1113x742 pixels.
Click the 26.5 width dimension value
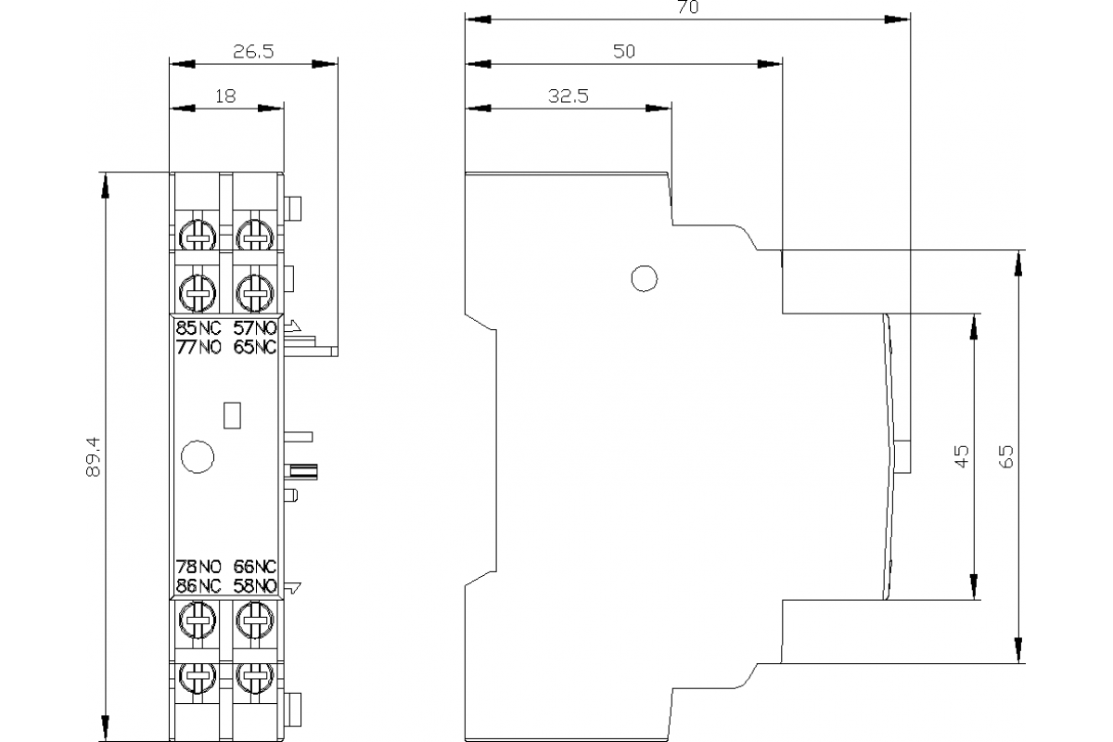pos(252,52)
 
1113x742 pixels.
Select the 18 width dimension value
pos(225,95)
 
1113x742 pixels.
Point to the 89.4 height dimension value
pos(93,458)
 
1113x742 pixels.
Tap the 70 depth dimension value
pos(687,7)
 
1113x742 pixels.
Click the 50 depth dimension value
pos(624,52)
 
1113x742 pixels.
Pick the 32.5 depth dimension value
pos(568,95)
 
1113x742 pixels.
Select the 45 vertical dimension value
pos(962,455)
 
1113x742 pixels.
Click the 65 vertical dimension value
pos(1007,455)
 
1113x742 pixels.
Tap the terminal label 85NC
pos(198,328)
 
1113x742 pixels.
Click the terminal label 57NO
pos(255,328)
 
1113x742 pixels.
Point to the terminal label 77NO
pos(198,348)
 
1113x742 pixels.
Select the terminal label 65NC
pos(255,348)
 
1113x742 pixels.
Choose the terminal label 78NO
pos(198,567)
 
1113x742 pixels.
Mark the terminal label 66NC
pos(255,567)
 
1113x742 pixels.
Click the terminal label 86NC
pos(198,585)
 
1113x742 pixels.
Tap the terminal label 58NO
pos(255,585)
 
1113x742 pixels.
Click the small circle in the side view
pos(643,277)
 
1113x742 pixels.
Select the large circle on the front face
pos(198,455)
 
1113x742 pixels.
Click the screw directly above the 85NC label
pos(197,293)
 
